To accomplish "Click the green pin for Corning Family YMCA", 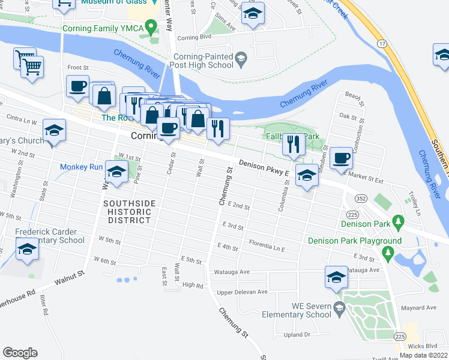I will coord(152,26).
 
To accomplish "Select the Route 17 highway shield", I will coord(382,44).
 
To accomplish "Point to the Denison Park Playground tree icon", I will coord(388,252).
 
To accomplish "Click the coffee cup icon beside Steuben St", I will coord(341,158).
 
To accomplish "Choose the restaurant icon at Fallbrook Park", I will coord(293,144).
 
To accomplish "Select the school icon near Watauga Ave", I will coord(336,277).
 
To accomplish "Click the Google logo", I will coord(20,353).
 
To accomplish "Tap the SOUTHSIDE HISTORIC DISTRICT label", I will coord(128,212).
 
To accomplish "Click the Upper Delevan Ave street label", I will coord(242,292).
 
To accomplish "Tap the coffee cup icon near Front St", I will coord(77,86).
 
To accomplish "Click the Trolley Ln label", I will coord(413,200).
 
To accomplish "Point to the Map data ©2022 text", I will coord(423,355).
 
